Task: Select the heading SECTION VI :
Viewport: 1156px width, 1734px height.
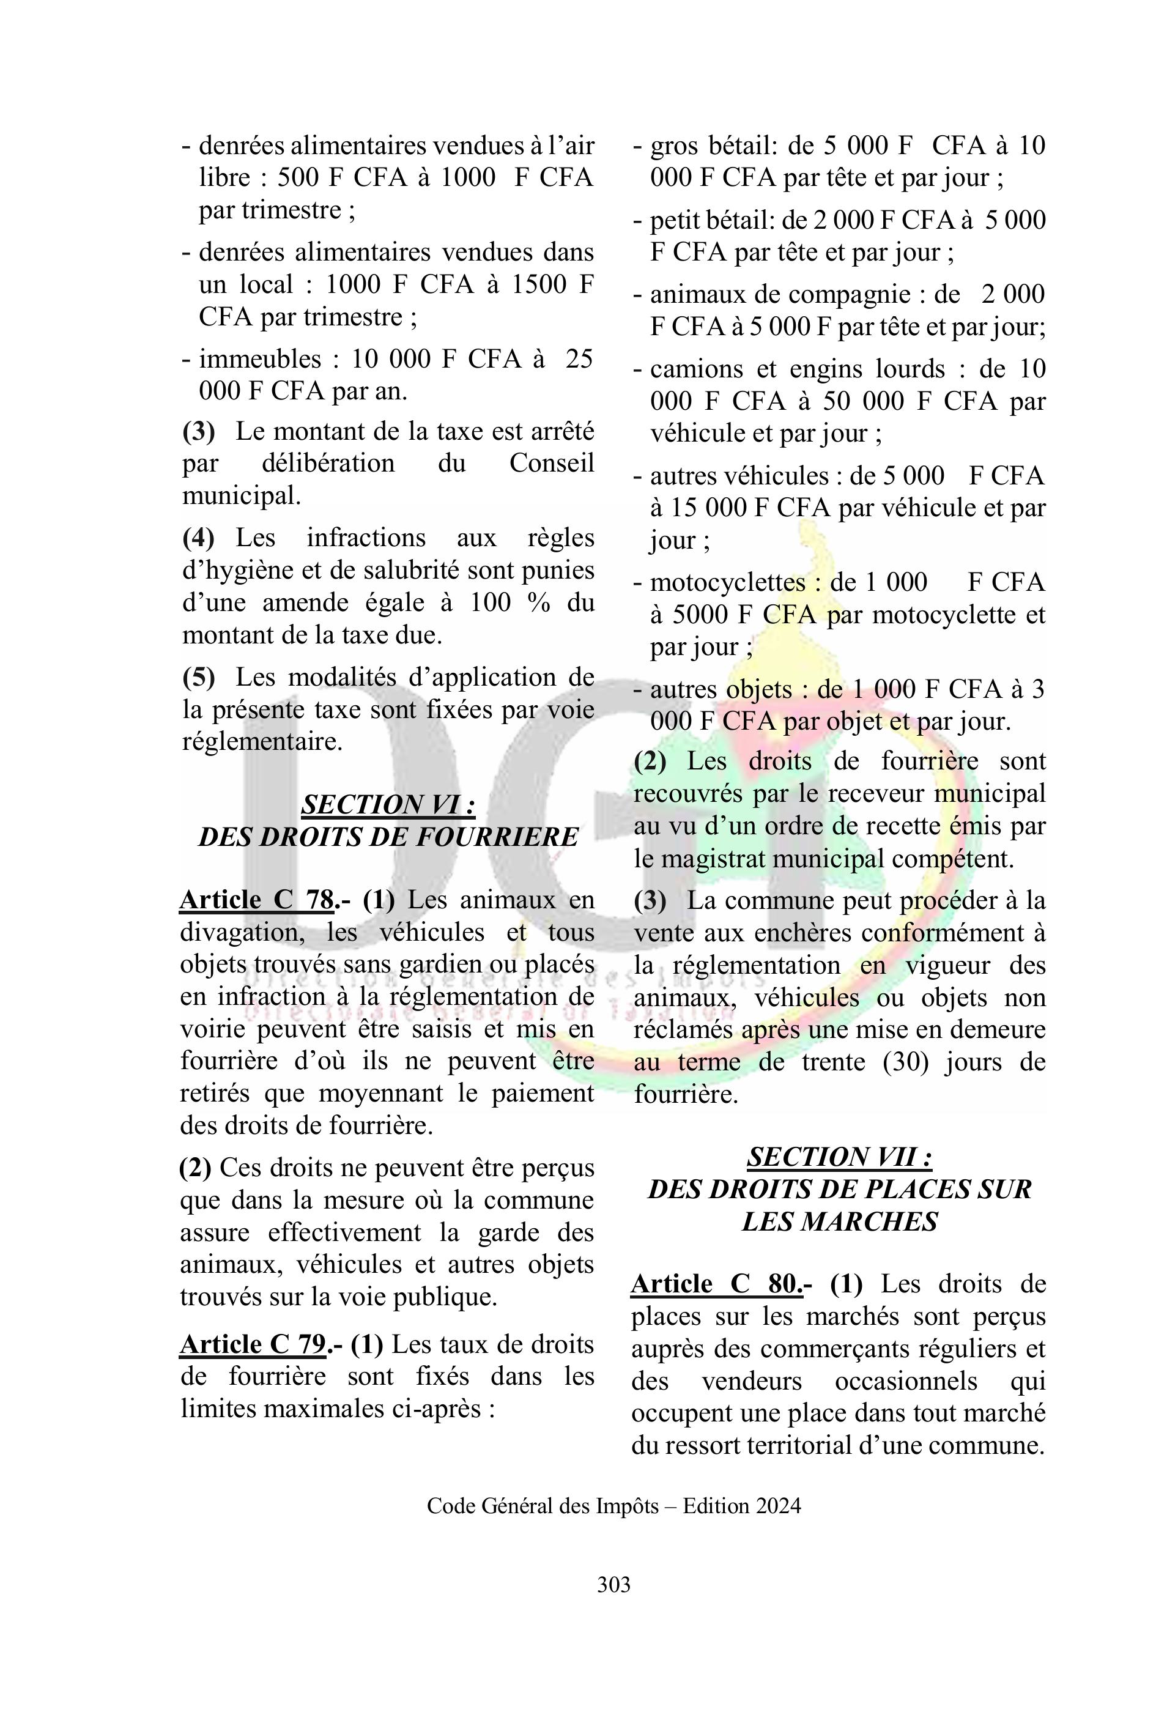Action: click(388, 804)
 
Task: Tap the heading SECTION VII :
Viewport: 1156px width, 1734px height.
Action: click(840, 1157)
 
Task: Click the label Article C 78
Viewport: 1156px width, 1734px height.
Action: click(256, 900)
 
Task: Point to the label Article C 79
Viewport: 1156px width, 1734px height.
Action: click(253, 1345)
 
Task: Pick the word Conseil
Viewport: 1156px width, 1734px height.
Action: click(552, 464)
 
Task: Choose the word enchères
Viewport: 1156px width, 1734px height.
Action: click(807, 933)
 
